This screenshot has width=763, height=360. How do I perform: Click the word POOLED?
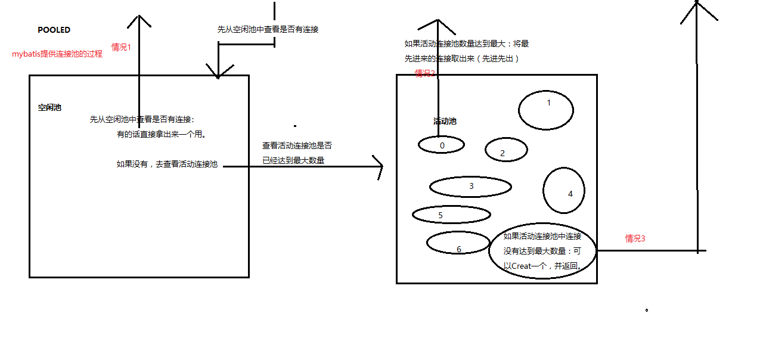[x=54, y=30]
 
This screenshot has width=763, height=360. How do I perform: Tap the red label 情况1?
[x=120, y=47]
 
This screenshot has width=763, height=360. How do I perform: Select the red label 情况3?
[x=635, y=238]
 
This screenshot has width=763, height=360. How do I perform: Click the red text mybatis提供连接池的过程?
[x=57, y=54]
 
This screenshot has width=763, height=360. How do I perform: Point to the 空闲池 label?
[x=49, y=108]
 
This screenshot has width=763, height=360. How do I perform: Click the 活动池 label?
[x=445, y=121]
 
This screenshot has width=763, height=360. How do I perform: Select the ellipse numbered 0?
[x=442, y=145]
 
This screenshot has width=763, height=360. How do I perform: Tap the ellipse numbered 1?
[x=545, y=110]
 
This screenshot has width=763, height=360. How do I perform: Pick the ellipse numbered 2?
[x=506, y=150]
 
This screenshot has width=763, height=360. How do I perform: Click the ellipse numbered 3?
[x=470, y=187]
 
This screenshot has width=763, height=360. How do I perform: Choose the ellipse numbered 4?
[x=563, y=190]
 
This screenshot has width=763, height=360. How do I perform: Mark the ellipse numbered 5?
[x=451, y=215]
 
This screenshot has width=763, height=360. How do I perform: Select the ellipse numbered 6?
[x=458, y=242]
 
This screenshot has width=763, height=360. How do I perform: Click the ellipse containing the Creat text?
[x=542, y=252]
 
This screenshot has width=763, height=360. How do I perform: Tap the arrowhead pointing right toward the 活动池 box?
[x=378, y=167]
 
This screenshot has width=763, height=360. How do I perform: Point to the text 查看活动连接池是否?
[x=297, y=145]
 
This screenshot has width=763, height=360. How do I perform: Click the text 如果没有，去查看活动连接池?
[x=167, y=164]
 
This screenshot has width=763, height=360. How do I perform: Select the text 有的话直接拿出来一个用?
[x=162, y=135]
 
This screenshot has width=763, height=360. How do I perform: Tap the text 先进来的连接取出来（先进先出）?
[x=462, y=58]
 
